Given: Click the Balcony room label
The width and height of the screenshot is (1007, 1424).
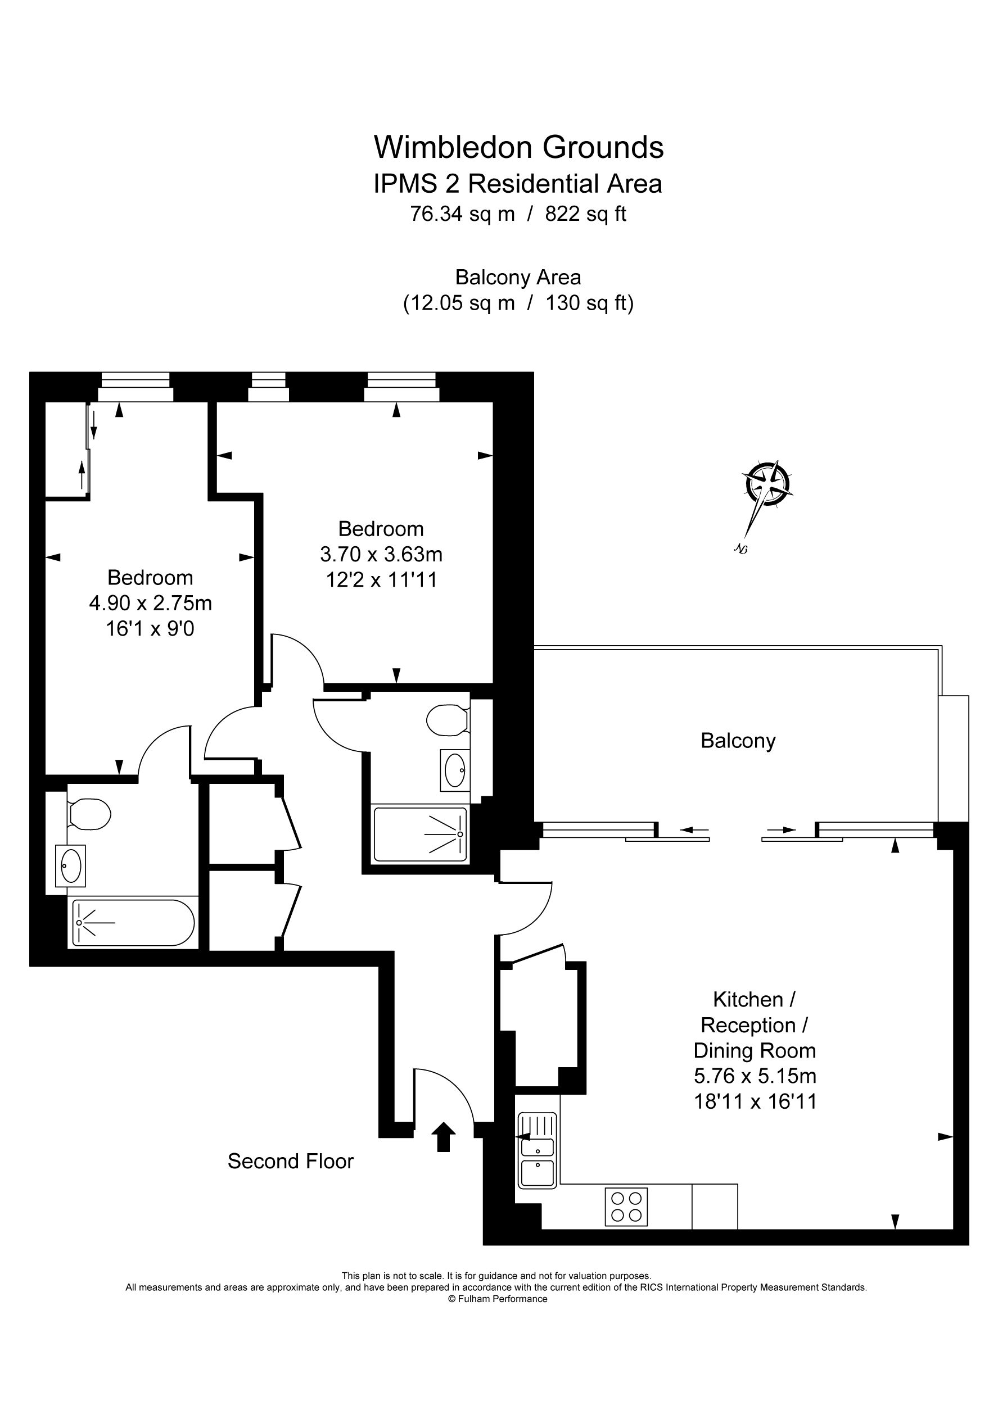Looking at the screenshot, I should pyautogui.click(x=738, y=741).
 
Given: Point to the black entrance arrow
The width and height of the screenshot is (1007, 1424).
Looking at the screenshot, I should pyautogui.click(x=443, y=1137).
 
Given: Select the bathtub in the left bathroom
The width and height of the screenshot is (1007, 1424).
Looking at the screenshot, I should pyautogui.click(x=133, y=923).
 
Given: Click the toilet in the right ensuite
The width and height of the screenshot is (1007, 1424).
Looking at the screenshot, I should pyautogui.click(x=448, y=720).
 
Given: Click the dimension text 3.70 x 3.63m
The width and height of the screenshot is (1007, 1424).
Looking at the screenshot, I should pyautogui.click(x=381, y=554).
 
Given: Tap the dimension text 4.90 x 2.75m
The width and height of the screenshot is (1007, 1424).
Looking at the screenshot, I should pyautogui.click(x=150, y=603).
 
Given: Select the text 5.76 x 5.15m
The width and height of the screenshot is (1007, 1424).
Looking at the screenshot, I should pyautogui.click(x=755, y=1076).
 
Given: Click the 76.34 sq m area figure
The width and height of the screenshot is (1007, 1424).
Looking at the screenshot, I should pyautogui.click(x=462, y=214).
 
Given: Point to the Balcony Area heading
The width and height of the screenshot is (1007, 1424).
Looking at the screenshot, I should pyautogui.click(x=518, y=276).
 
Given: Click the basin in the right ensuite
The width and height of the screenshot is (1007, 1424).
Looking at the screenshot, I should pyautogui.click(x=455, y=770).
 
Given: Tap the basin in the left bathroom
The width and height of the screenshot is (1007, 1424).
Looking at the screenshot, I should pyautogui.click(x=70, y=865).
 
